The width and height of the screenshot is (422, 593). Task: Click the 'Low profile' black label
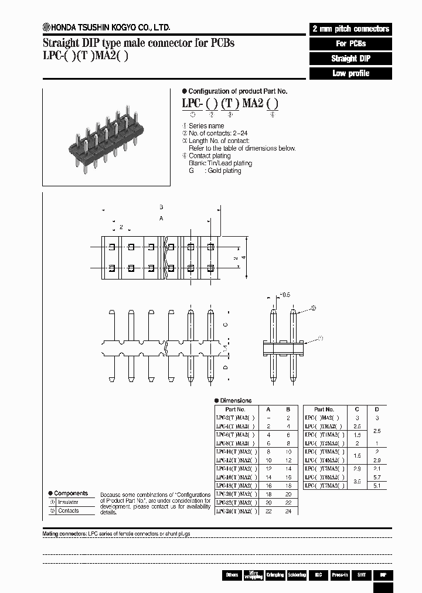[350, 73]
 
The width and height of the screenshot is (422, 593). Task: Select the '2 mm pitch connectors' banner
[350, 29]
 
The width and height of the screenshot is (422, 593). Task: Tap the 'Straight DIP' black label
[350, 59]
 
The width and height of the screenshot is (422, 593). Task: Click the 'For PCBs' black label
[350, 44]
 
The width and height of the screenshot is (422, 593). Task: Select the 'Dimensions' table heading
[236, 400]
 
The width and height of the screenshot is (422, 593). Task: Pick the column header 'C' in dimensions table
[358, 409]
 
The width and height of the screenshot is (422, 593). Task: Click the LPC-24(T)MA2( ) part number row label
[236, 512]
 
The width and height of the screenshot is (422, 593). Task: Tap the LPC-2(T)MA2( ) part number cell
[236, 417]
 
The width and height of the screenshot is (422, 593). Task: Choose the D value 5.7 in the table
[377, 478]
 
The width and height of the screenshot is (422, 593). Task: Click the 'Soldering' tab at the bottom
[297, 575]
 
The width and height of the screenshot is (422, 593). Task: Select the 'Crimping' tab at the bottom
[275, 575]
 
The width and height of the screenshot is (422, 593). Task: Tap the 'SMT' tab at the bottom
[362, 575]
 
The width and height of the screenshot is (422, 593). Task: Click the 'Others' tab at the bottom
[232, 575]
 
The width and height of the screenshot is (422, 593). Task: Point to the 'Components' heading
[70, 493]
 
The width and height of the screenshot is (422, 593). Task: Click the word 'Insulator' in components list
[68, 502]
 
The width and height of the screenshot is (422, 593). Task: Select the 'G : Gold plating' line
[215, 171]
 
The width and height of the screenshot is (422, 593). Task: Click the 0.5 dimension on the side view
[285, 294]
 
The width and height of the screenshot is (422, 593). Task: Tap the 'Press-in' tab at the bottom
[340, 575]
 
